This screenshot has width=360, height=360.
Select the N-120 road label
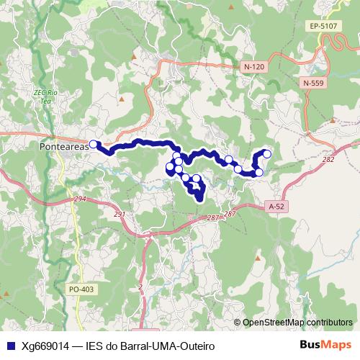tap(254, 66)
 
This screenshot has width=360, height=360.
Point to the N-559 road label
tap(314, 83)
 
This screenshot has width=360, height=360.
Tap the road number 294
tap(79, 199)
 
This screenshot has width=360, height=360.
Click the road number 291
tap(120, 214)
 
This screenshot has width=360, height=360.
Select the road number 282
tap(329, 160)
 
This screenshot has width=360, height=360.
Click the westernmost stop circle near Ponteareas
tap(93, 144)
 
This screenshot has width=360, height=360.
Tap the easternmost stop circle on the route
tap(267, 153)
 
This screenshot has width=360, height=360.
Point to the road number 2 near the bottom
tap(141, 287)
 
